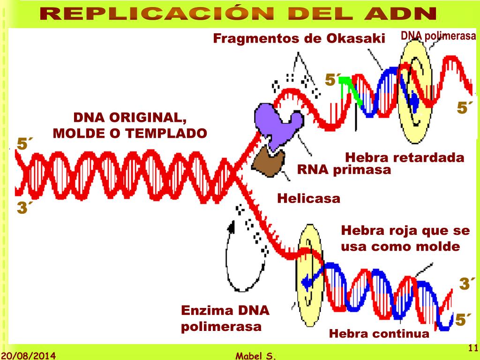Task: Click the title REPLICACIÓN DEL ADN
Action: click(x=239, y=14)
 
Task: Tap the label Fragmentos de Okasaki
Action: click(x=299, y=38)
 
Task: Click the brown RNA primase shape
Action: click(x=269, y=162)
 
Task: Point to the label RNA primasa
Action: click(x=344, y=169)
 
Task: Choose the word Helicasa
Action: click(x=308, y=198)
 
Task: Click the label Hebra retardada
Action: click(x=404, y=157)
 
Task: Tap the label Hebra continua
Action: click(x=379, y=333)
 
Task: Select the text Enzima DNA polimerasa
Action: click(x=225, y=318)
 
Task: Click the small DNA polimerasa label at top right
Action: click(x=438, y=36)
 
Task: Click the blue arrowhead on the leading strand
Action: click(x=307, y=282)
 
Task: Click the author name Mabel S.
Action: click(x=256, y=356)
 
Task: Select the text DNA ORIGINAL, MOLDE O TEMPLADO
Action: click(x=130, y=125)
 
